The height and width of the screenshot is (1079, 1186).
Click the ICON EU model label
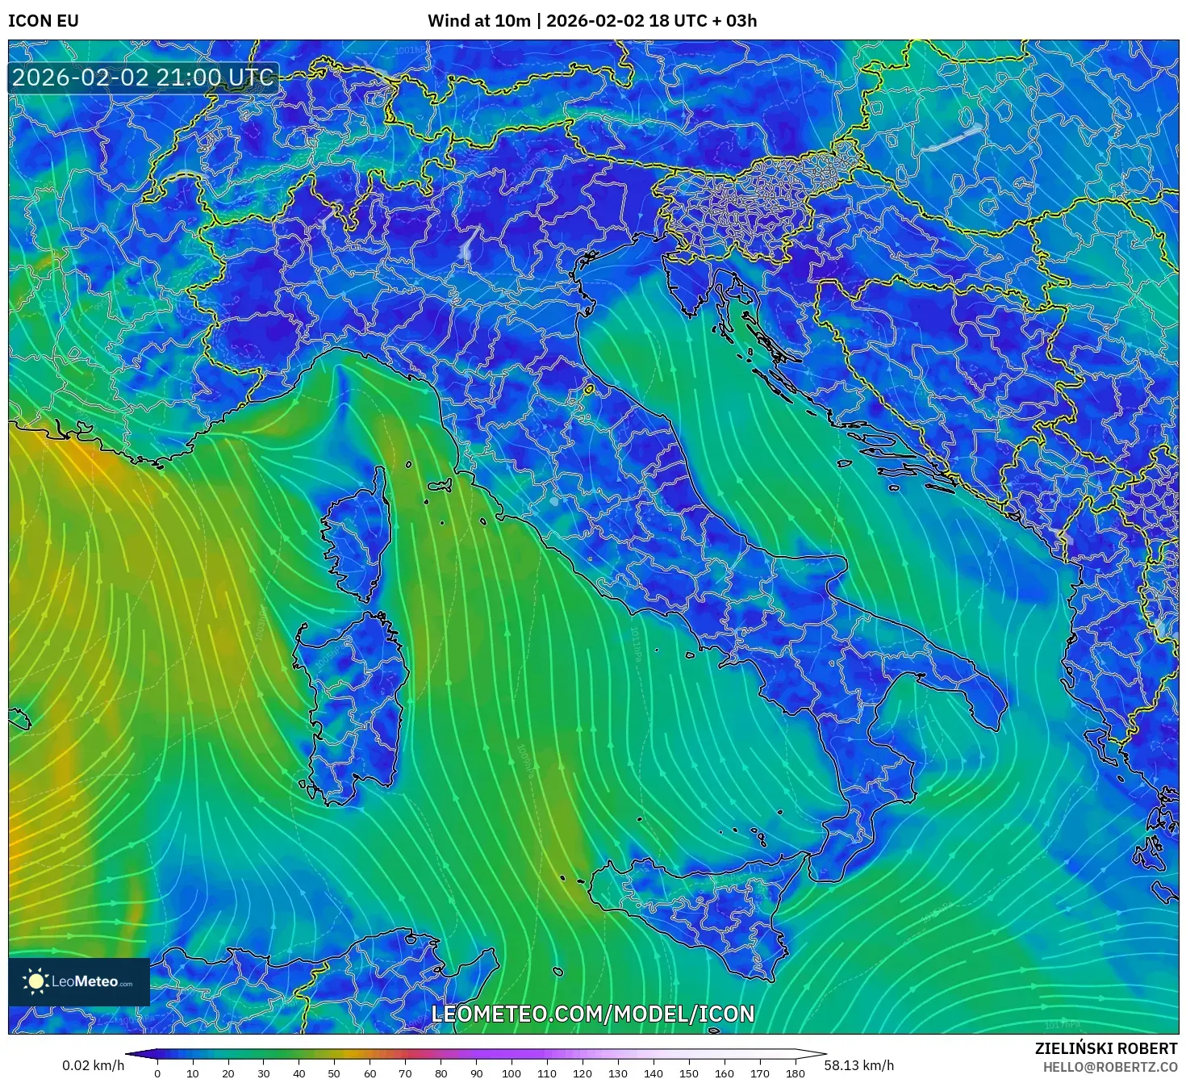(44, 21)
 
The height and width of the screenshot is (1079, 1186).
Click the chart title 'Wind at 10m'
(478, 21)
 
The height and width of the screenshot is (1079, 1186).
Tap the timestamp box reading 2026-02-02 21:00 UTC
(144, 78)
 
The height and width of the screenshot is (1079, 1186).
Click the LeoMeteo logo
(79, 981)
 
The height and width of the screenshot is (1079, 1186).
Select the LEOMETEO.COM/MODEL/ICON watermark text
(593, 1014)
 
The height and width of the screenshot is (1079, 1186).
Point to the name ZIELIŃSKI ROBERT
(1105, 1048)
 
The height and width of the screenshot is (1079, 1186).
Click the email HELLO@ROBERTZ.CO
(1109, 1066)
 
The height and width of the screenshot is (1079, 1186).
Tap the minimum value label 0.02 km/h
(93, 1065)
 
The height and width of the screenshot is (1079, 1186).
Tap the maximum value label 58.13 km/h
(859, 1065)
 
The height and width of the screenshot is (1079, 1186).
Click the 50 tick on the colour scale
(334, 1073)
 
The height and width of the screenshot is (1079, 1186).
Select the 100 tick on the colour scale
(512, 1073)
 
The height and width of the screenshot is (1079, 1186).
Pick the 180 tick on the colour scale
(796, 1073)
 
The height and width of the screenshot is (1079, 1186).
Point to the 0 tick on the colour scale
(157, 1073)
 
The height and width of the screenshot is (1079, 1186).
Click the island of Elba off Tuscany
(440, 486)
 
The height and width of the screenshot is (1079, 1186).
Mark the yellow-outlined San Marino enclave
(589, 390)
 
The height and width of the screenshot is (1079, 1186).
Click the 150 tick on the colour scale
(689, 1073)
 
